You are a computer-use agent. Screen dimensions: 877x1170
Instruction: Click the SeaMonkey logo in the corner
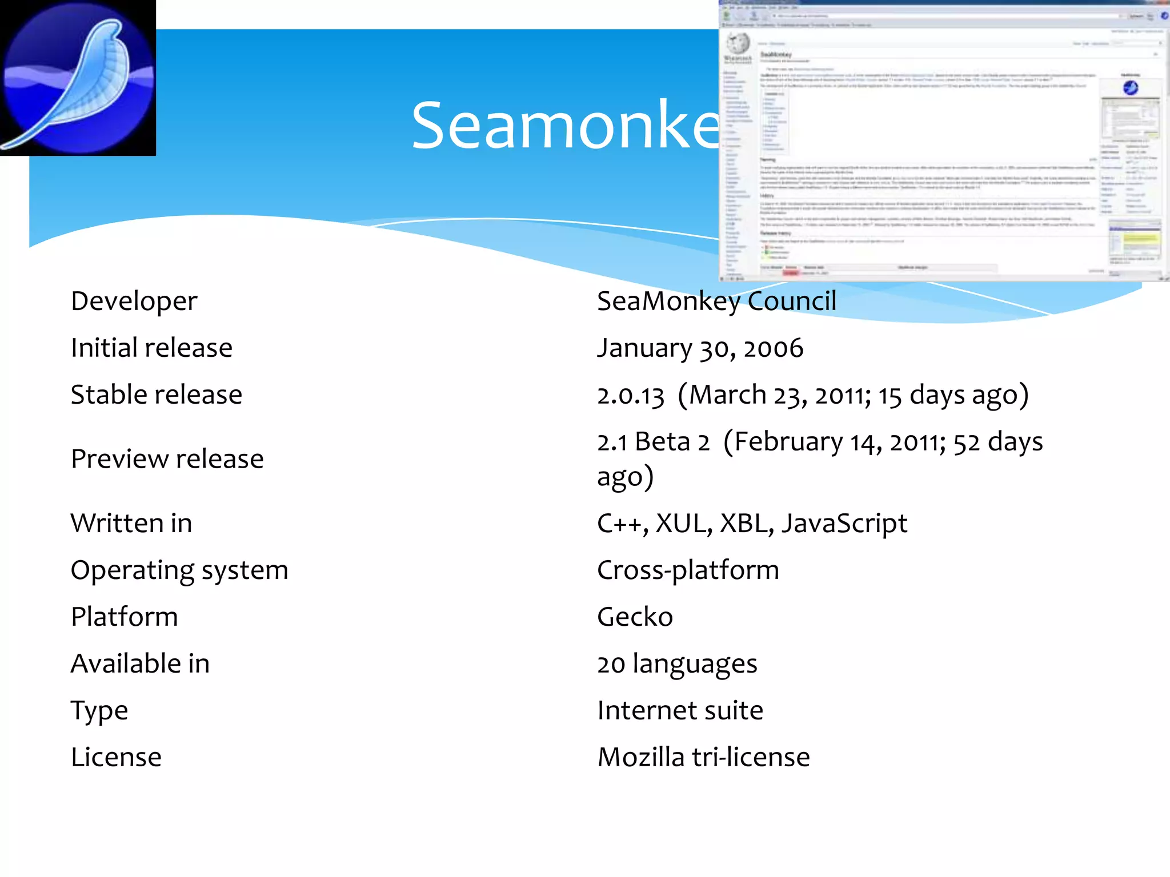point(78,78)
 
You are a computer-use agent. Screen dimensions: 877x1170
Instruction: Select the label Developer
point(134,301)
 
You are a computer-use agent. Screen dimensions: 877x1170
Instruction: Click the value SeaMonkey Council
point(716,301)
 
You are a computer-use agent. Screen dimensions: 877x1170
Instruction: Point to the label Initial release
point(151,348)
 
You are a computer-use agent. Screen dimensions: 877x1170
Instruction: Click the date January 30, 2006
point(700,348)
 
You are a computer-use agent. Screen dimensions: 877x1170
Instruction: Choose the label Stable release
point(157,395)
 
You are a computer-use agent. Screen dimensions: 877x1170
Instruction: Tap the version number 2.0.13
point(631,396)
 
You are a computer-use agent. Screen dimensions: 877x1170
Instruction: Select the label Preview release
point(167,458)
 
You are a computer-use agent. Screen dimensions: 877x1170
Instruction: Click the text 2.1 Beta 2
point(653,442)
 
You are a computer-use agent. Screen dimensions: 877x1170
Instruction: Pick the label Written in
point(131,523)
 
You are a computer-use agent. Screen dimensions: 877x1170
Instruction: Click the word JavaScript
point(844,524)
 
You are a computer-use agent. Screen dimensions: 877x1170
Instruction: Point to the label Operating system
point(179,570)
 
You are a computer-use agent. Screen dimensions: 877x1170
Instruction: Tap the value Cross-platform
point(688,570)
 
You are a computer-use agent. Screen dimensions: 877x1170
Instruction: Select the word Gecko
point(635,617)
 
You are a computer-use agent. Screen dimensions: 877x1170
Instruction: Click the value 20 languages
point(677,663)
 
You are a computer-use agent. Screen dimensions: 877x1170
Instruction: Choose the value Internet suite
point(680,710)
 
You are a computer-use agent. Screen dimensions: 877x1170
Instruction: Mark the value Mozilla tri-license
point(703,757)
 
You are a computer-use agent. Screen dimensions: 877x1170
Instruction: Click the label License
point(116,757)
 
